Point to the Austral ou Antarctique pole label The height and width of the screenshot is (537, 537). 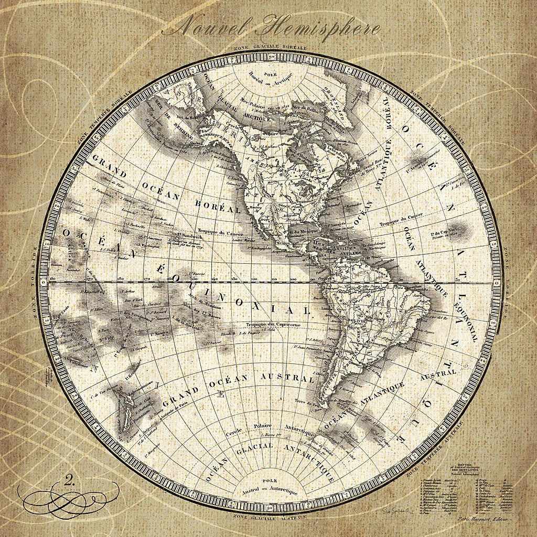point(270,489)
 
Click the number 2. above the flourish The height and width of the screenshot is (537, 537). point(68,478)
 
